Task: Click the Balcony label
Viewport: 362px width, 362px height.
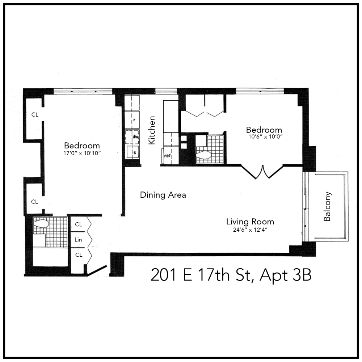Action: point(328,206)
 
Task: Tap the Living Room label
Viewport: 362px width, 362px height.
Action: point(250,222)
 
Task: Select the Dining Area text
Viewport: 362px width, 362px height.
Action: point(163,195)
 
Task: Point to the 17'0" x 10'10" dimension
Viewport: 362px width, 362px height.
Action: point(82,153)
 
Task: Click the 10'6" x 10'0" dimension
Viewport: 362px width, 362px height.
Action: point(264,137)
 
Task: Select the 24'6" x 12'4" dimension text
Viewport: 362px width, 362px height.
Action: point(250,229)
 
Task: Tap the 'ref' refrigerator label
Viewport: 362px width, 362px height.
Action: point(167,156)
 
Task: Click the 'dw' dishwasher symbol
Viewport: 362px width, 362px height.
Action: point(135,137)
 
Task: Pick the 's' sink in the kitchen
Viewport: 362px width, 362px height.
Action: point(135,152)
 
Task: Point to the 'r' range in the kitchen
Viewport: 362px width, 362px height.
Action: point(134,119)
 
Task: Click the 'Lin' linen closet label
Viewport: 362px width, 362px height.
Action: point(78,240)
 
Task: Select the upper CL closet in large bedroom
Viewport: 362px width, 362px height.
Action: point(35,115)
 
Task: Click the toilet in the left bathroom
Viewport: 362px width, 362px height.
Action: point(41,224)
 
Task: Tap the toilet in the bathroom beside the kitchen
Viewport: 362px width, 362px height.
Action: point(203,155)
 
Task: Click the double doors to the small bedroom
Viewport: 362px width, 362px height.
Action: point(262,172)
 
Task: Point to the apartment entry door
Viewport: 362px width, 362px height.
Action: point(97,271)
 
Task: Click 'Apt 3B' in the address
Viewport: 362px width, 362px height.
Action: point(286,276)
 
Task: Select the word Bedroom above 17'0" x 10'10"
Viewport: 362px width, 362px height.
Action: point(82,146)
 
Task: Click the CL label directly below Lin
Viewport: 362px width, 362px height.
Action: point(79,255)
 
